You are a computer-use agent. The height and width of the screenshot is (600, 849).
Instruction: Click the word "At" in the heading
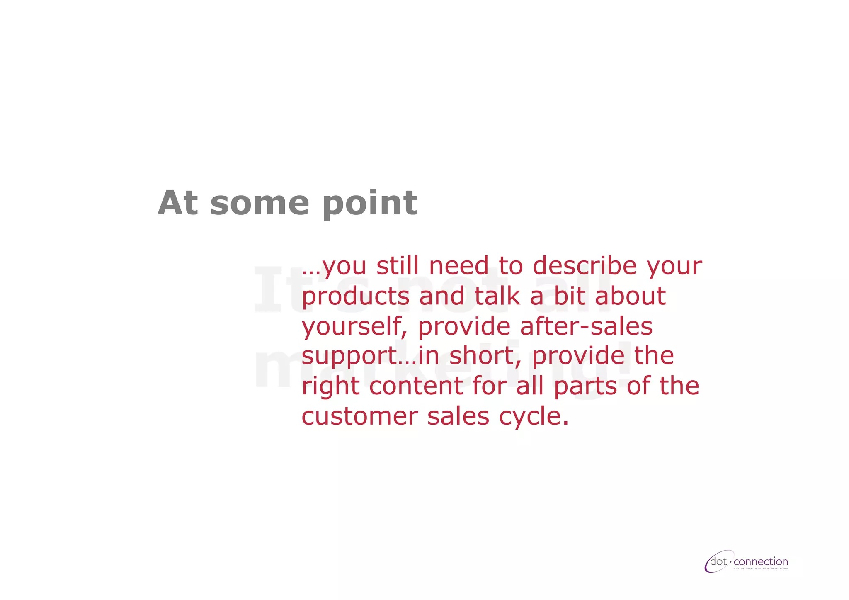[x=177, y=203]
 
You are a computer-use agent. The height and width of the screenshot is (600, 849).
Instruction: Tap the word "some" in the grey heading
[x=260, y=204]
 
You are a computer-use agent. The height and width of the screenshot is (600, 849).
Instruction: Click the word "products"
[x=355, y=297]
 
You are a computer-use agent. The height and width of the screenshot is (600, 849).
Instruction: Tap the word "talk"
[x=497, y=296]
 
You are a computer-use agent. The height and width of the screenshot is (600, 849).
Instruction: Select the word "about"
[x=630, y=296]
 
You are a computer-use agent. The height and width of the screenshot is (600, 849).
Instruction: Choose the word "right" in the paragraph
[x=330, y=387]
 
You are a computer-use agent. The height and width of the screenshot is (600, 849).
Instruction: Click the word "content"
[x=415, y=386]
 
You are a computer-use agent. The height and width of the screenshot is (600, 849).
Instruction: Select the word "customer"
[x=359, y=416]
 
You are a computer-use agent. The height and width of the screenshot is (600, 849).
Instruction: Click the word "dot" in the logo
[x=719, y=562]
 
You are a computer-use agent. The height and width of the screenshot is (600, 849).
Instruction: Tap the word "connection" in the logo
[x=761, y=562]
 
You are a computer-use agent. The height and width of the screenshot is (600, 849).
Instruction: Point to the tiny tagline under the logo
[x=761, y=569]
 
